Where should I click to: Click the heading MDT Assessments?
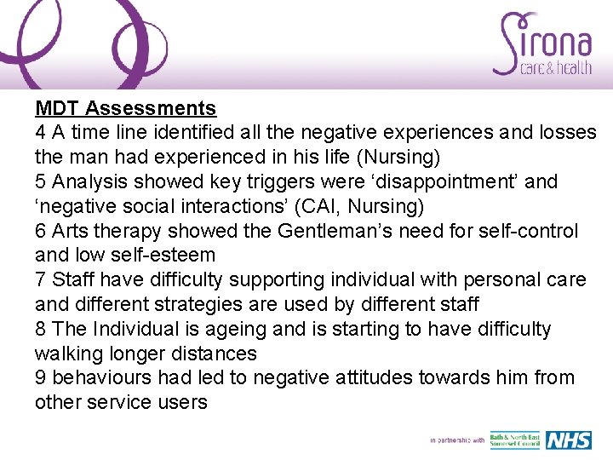tap(125, 108)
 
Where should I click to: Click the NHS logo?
tap(569, 440)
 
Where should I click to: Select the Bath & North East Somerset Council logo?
tap(515, 440)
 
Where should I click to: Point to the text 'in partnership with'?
tap(457, 440)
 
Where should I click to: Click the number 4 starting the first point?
tap(40, 133)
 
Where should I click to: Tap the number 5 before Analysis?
tap(40, 181)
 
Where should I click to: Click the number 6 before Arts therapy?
tap(40, 231)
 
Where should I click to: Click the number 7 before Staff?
tap(40, 279)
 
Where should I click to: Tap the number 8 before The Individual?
tap(40, 329)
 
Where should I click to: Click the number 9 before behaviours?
tap(40, 377)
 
